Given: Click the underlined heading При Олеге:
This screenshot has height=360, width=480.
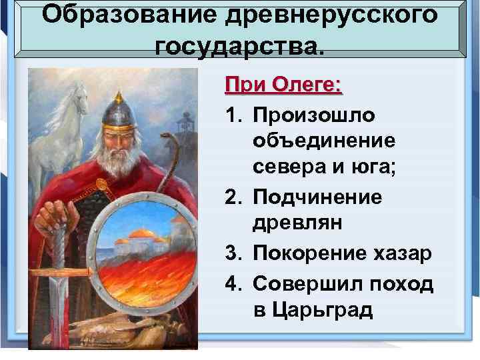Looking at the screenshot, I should click(283, 86).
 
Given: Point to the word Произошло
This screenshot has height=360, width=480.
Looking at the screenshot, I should click(313, 115).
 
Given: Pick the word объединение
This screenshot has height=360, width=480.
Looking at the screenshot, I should click(324, 142).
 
